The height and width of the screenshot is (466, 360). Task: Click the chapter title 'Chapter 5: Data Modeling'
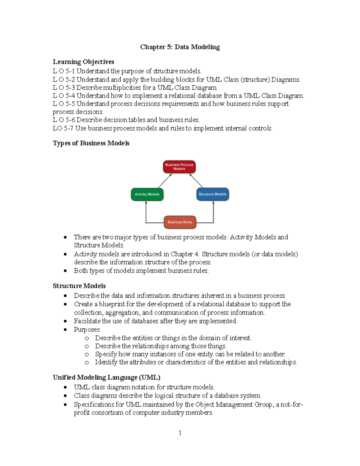click(x=180, y=47)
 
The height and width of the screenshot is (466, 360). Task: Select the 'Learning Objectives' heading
click(x=83, y=62)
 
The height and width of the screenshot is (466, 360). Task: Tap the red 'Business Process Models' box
click(x=179, y=167)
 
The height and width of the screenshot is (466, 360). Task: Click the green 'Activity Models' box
click(x=147, y=194)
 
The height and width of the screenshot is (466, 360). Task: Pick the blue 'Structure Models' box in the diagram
click(x=212, y=194)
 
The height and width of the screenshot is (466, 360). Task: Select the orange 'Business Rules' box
click(x=180, y=222)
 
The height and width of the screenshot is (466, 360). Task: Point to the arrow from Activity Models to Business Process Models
click(x=165, y=181)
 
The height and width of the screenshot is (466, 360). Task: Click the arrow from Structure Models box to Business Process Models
click(x=196, y=181)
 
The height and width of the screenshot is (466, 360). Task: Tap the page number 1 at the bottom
click(x=180, y=433)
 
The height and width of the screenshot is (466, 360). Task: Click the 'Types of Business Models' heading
click(x=91, y=143)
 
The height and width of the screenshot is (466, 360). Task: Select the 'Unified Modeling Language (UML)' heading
click(x=106, y=377)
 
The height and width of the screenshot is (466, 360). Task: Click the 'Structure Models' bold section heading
click(x=79, y=286)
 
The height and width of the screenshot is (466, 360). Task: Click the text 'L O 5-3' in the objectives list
click(x=64, y=88)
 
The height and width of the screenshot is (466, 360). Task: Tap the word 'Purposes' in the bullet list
click(x=87, y=329)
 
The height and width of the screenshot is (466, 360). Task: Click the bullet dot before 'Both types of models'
click(x=65, y=271)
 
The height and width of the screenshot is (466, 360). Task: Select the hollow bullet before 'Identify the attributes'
click(x=87, y=362)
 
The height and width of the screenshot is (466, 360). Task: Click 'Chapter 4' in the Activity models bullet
click(x=184, y=254)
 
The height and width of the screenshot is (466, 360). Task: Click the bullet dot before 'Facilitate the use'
click(x=65, y=321)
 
